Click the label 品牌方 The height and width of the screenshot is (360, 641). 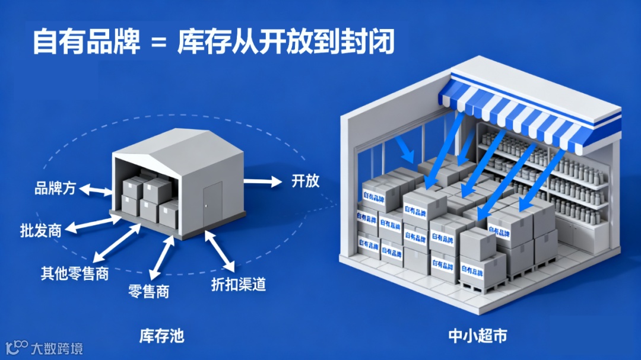[55, 189]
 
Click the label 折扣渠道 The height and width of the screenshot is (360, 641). [238, 283]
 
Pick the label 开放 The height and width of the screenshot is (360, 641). [305, 180]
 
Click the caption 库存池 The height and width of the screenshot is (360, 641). [161, 336]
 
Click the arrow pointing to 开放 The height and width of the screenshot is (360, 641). [264, 181]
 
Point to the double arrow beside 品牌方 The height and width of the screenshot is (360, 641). [96, 190]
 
